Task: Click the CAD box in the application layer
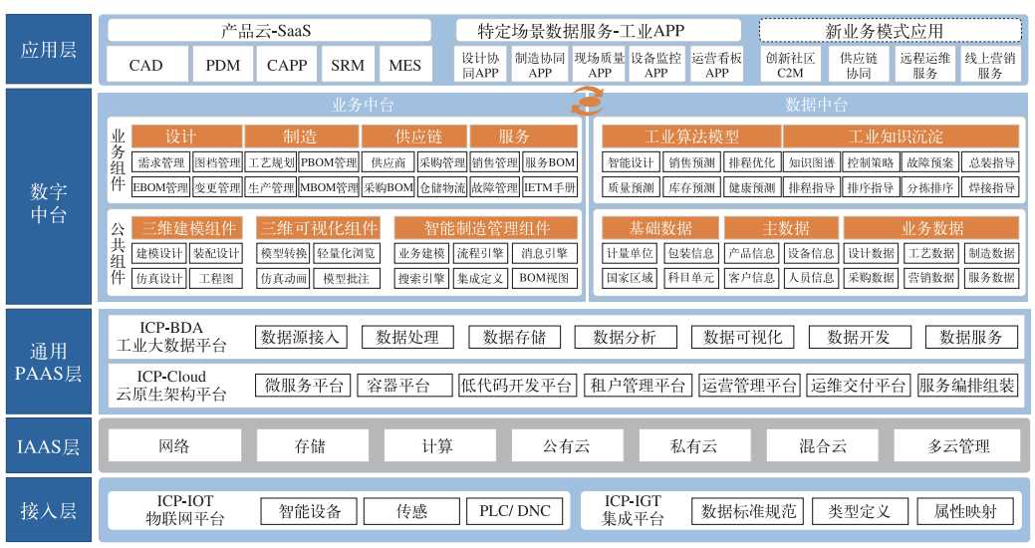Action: click(145, 66)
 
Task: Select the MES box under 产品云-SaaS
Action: click(404, 66)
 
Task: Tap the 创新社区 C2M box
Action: click(790, 66)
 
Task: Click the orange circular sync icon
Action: click(587, 100)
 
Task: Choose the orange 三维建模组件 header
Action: click(188, 227)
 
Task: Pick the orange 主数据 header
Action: click(781, 227)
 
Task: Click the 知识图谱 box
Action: click(811, 162)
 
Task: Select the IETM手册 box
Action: click(550, 186)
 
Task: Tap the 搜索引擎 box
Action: click(420, 278)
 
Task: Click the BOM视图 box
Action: click(546, 278)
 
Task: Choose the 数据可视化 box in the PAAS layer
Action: click(742, 337)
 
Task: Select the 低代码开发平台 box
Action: click(518, 386)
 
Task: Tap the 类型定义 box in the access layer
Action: click(859, 511)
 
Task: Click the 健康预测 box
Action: click(752, 186)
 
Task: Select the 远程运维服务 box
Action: click(924, 66)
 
